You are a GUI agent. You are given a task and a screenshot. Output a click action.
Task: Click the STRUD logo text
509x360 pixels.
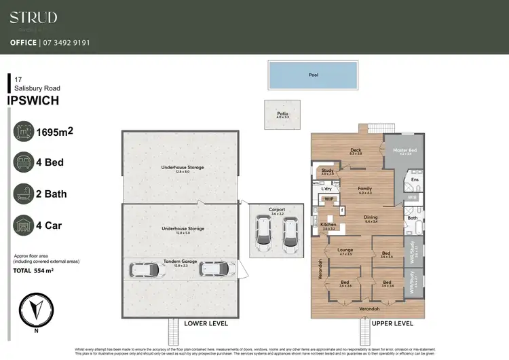33,18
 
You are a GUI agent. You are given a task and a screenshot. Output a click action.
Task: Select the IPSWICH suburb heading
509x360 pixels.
33,101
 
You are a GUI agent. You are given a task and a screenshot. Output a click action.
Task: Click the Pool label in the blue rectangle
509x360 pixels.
313,75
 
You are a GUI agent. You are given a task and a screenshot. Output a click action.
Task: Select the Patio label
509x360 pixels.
282,115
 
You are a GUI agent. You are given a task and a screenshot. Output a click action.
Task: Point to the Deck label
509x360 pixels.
356,151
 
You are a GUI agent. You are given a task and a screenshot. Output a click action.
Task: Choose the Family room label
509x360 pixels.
365,190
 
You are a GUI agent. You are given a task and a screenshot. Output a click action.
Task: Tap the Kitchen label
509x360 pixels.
328,225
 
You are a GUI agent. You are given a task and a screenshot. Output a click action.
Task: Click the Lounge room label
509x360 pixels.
345,251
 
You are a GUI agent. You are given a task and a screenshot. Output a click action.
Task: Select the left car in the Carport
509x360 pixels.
263,232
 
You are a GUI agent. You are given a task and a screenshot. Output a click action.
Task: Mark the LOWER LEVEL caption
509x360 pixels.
205,323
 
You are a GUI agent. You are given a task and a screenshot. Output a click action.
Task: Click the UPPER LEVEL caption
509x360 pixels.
393,323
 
